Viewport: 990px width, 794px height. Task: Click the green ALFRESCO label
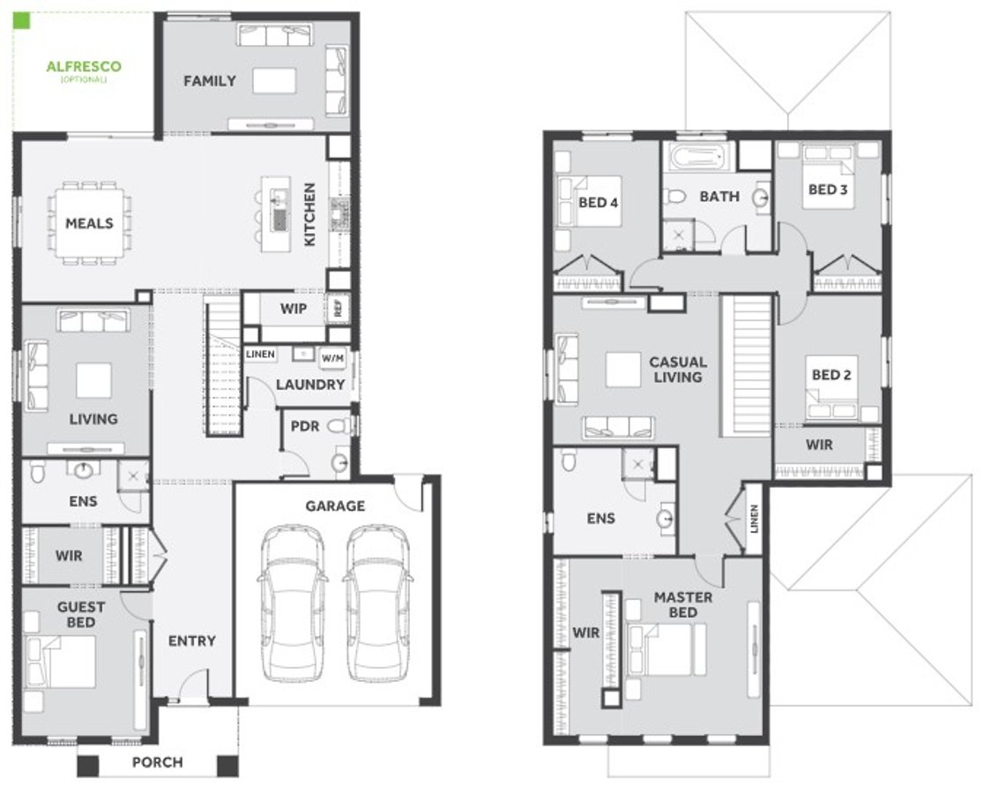(x=84, y=66)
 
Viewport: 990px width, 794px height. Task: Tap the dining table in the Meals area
(x=89, y=223)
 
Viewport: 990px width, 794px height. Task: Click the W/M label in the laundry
(x=332, y=357)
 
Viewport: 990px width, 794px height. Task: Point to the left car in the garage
(x=292, y=603)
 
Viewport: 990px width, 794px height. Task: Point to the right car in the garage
(x=377, y=603)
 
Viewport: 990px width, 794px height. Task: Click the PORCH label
(x=158, y=762)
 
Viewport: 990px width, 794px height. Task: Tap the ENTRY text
(x=191, y=641)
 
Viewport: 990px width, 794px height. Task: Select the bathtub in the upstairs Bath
(x=699, y=158)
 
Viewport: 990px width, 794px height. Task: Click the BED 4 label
(x=598, y=203)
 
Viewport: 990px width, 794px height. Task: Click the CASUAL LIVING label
(x=677, y=369)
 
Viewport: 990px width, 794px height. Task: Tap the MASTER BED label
(x=682, y=604)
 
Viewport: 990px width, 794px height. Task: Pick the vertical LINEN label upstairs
(x=754, y=518)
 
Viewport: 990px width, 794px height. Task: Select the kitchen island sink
(x=280, y=219)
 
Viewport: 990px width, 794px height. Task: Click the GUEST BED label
(x=81, y=614)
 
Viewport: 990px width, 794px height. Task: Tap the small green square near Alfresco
(x=22, y=21)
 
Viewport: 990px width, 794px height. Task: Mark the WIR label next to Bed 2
(x=819, y=445)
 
